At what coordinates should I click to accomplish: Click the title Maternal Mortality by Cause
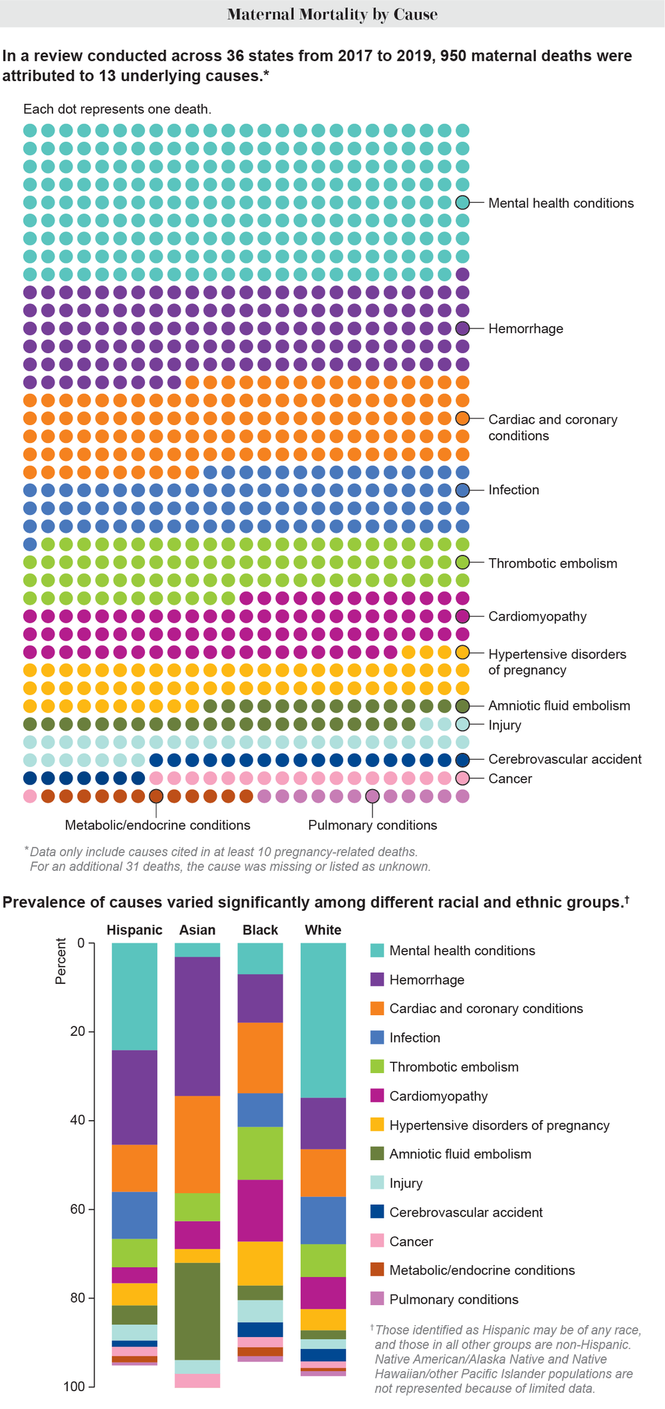click(332, 14)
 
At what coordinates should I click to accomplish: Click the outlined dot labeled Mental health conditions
click(463, 203)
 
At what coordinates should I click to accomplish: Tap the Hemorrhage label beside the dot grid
click(525, 329)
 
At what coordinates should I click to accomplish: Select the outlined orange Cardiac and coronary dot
click(463, 418)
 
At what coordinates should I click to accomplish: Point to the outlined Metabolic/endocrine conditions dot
click(156, 796)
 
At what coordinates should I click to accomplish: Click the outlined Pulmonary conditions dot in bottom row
click(372, 796)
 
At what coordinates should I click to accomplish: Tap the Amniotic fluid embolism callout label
click(559, 706)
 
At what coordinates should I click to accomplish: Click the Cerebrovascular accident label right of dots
click(565, 759)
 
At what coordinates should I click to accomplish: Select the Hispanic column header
click(134, 930)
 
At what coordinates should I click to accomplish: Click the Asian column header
click(198, 930)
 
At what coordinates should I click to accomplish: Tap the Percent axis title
click(61, 961)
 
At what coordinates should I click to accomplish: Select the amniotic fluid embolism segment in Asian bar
click(198, 1311)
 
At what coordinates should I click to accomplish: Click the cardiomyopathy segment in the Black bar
click(260, 1211)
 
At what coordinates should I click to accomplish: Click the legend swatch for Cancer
click(377, 1241)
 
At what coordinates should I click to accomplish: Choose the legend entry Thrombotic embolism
click(454, 1067)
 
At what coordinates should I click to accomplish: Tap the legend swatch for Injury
click(377, 1183)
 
